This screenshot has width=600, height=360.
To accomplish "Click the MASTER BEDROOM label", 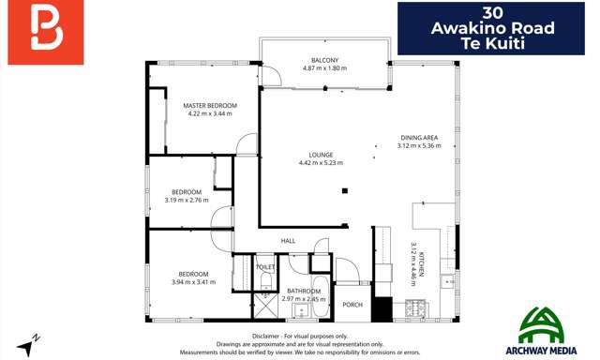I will point(210,105).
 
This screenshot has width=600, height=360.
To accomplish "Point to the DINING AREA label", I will point(418,138).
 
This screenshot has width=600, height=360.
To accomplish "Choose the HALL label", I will point(289,241).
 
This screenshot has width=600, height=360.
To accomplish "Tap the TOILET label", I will point(265,267).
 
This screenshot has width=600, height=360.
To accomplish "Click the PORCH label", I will point(352,304).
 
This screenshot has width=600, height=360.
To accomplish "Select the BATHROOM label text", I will point(305,291).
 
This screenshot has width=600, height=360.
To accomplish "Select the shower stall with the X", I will point(264,306).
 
